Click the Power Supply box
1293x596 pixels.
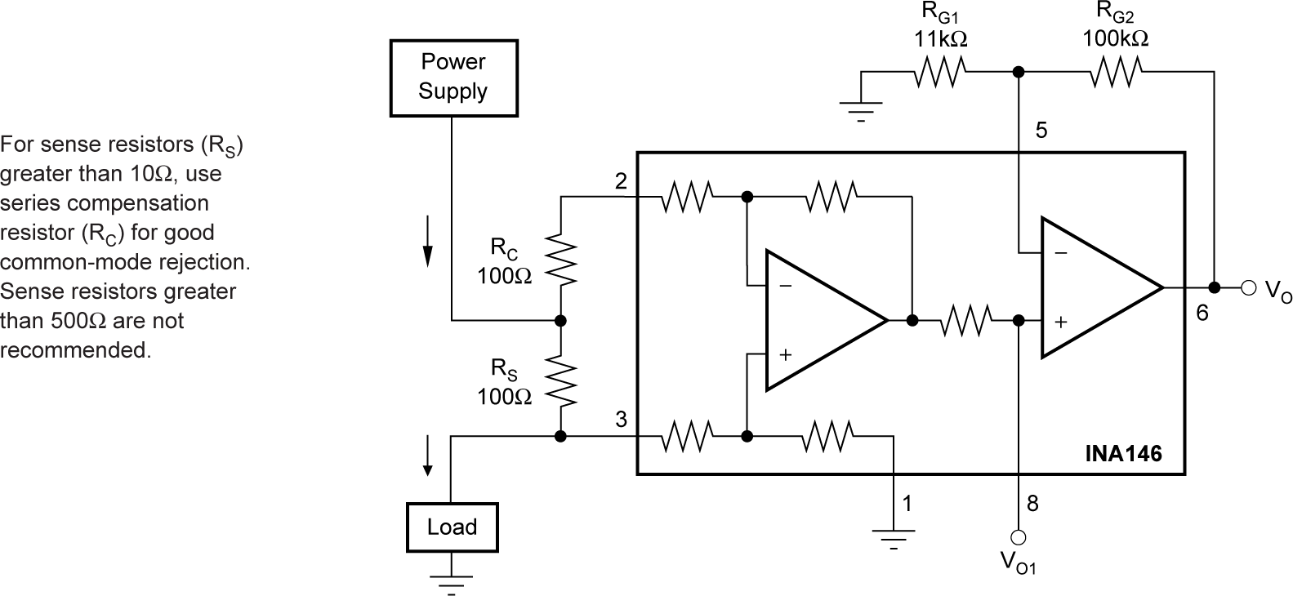(x=453, y=77)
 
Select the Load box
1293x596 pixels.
(x=452, y=527)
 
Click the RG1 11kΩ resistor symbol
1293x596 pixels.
(x=940, y=73)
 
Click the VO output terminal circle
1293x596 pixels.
(x=1247, y=287)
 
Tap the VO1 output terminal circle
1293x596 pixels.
(x=1019, y=537)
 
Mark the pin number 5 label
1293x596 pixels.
(x=1041, y=131)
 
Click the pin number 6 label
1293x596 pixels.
(x=1202, y=312)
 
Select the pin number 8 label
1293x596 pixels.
(x=1032, y=504)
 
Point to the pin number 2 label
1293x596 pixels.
(x=621, y=181)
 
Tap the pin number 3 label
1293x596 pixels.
(x=621, y=420)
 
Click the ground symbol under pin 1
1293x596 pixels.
(x=894, y=537)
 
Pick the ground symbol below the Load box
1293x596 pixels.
(x=451, y=583)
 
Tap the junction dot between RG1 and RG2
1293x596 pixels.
(x=1018, y=73)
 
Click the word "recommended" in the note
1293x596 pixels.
(x=75, y=350)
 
